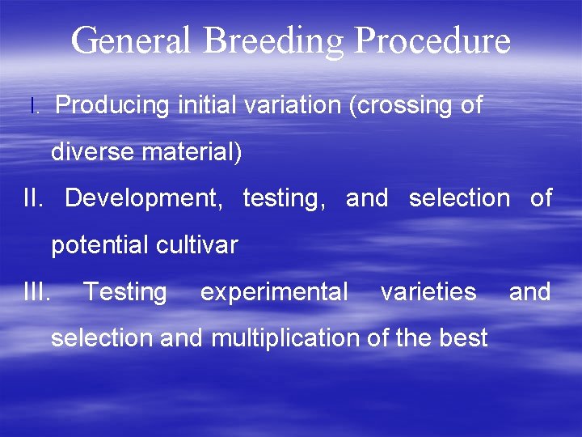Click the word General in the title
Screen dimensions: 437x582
pyautogui.click(x=130, y=40)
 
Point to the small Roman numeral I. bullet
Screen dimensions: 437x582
pyautogui.click(x=33, y=106)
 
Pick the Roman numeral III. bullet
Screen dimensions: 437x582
pyautogui.click(x=38, y=291)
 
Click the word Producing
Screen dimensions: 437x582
pyautogui.click(x=112, y=106)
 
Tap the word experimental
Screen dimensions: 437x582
pyautogui.click(x=274, y=292)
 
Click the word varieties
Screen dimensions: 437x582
pyautogui.click(x=428, y=291)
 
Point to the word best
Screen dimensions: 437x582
pyautogui.click(x=463, y=338)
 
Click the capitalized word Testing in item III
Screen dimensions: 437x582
pyautogui.click(x=125, y=292)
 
